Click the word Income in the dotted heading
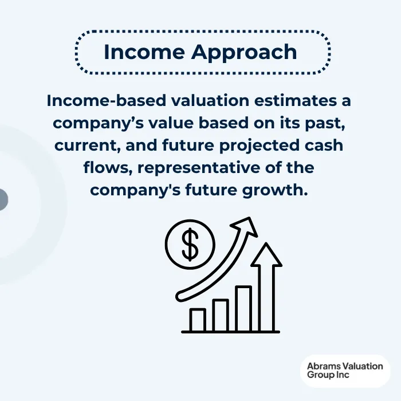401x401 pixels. (144, 52)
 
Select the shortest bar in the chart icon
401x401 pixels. (198, 320)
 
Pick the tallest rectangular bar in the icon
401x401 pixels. (243, 308)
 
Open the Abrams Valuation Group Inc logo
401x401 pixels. (344, 370)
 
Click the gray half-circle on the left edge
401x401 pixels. (3, 200)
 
